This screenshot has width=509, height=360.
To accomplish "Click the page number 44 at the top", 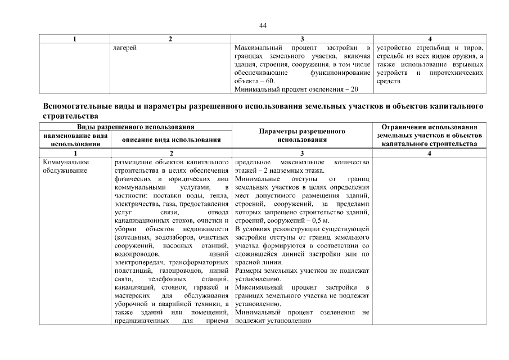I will coord(263,25).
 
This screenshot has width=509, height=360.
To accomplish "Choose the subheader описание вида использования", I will coord(171,139).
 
